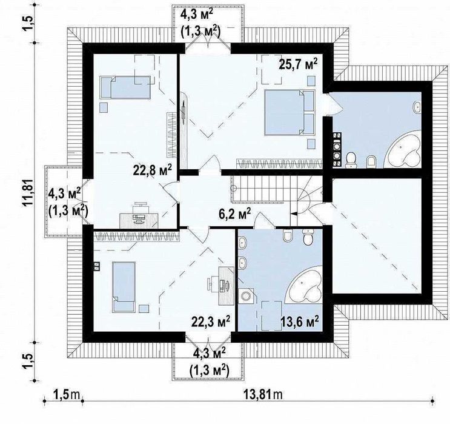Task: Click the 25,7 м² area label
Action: point(298,64)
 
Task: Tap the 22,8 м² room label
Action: point(153,170)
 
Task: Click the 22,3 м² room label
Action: point(211,321)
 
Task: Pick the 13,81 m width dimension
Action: point(263,394)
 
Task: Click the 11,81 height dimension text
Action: point(29,193)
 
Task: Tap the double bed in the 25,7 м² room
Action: point(290,112)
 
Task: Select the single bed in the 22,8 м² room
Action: point(125,87)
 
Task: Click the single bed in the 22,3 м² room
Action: point(124,287)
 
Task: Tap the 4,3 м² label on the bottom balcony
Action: point(209,353)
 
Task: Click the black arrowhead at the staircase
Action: point(294,214)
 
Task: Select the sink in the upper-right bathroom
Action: point(417,107)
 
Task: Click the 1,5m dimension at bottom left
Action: point(66,394)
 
